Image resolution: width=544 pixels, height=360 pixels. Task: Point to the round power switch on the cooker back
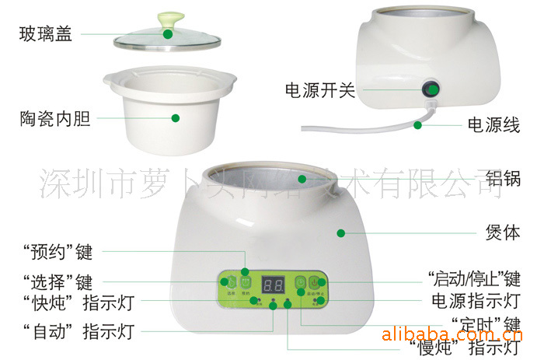point(432,89)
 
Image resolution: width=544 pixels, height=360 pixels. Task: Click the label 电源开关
point(319,90)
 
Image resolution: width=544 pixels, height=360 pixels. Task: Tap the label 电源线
point(493,124)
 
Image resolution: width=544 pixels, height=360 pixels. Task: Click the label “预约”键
point(57,252)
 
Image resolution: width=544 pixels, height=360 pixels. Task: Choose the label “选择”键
point(57,283)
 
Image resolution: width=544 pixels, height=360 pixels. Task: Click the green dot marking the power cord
point(417,124)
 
